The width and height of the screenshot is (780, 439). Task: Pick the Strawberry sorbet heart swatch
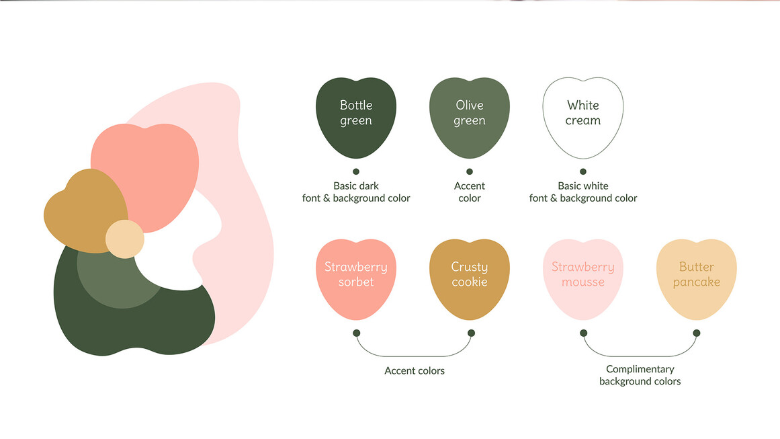click(356, 279)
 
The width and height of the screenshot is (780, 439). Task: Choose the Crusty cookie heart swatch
click(470, 279)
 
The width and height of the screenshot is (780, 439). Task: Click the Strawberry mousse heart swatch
click(583, 279)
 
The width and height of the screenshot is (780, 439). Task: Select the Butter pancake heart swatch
click(697, 279)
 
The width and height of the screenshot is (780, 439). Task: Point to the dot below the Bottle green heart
click(356, 171)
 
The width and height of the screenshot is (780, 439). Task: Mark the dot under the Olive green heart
click(470, 171)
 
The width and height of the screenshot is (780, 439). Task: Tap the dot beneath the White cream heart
click(583, 171)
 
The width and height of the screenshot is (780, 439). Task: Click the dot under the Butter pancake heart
click(697, 333)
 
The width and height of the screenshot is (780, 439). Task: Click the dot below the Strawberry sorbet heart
click(356, 333)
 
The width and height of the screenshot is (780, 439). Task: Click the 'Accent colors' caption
click(415, 371)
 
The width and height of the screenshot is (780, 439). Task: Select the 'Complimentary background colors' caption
click(640, 375)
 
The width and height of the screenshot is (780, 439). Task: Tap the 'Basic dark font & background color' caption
click(356, 192)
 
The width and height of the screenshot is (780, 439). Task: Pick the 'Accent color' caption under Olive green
click(470, 192)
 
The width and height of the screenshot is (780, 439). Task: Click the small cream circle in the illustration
click(125, 239)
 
